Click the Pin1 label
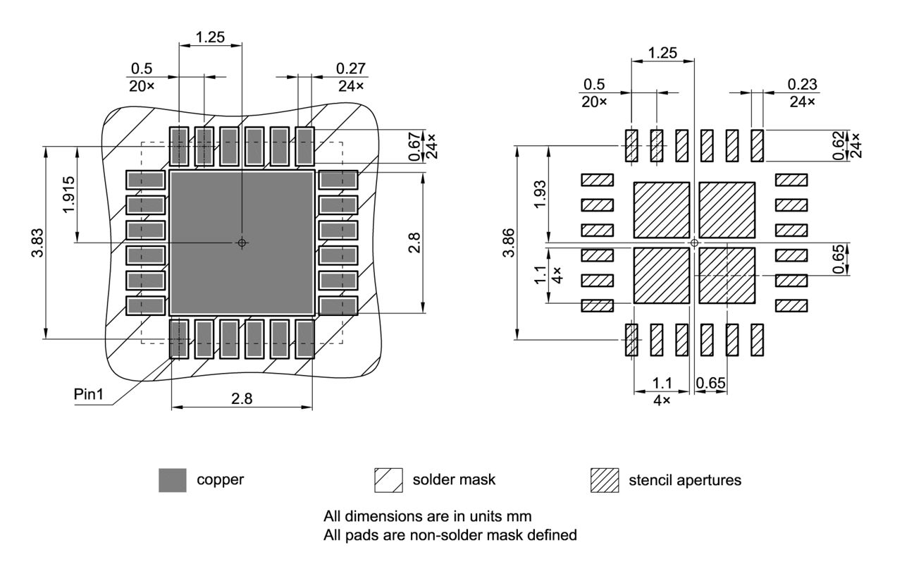tap(89, 394)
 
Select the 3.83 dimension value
tap(39, 243)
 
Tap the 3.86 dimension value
tap(509, 243)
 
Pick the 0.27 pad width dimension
tap(350, 68)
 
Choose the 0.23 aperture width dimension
tap(803, 85)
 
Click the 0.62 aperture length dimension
tap(838, 145)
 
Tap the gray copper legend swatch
tap(173, 480)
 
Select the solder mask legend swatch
tap(388, 480)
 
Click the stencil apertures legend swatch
tap(604, 480)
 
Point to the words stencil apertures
tap(684, 480)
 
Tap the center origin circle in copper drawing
tap(242, 243)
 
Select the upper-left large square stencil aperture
tap(662, 210)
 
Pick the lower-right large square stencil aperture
tap(727, 275)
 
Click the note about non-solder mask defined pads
tap(450, 535)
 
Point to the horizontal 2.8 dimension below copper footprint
tap(242, 398)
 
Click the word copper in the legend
tap(220, 480)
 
